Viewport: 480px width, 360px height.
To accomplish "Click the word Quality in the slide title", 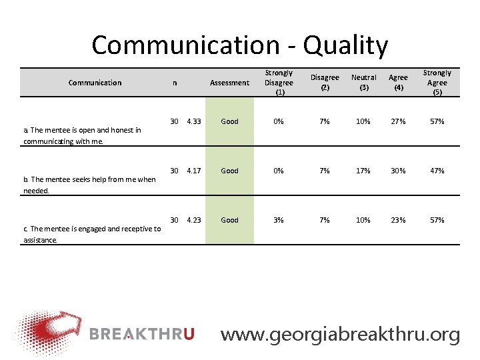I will pos(345,45).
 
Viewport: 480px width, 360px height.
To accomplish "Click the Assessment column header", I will pos(229,83).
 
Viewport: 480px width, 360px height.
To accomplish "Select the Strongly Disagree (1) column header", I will pos(279,83).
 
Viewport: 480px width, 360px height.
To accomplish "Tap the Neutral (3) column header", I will pos(363,83).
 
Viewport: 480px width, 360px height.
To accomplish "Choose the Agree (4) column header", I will pos(398,83).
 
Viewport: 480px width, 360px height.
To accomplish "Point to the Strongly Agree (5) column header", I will pos(437,83).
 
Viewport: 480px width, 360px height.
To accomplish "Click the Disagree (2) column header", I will pos(325,83).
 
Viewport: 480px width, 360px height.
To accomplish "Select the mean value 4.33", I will pos(194,121).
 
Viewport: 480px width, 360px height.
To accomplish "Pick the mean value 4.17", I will pos(194,171).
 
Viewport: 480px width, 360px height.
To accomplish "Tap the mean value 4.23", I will pos(194,220).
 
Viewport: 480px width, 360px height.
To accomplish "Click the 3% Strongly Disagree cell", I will pos(279,220).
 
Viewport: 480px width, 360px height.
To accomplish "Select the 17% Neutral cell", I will pos(363,171).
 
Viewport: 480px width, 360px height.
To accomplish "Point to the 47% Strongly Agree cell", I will pos(437,171).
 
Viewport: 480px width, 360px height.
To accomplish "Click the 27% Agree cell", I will pos(398,121).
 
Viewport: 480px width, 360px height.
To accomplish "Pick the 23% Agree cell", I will pos(398,220).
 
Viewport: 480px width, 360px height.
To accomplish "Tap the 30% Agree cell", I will pos(398,171).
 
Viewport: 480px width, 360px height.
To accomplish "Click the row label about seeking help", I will pos(89,185).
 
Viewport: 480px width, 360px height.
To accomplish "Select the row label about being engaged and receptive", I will pos(92,234).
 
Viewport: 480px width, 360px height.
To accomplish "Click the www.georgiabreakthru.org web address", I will pos(340,334).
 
